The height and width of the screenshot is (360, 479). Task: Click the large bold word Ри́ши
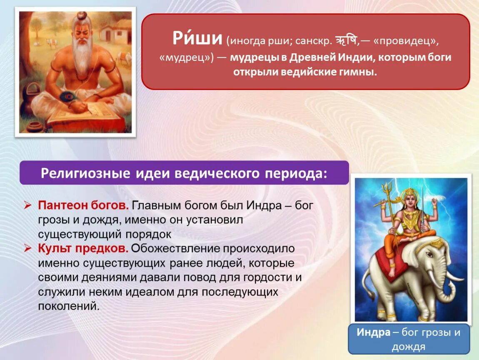click(x=197, y=38)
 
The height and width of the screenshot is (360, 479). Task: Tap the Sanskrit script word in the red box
click(x=346, y=41)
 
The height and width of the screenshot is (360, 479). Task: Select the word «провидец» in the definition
click(x=405, y=41)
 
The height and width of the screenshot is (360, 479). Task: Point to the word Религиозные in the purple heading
click(x=85, y=173)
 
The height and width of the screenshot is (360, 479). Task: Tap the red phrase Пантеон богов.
click(x=83, y=205)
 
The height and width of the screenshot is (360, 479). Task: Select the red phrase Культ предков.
click(x=83, y=248)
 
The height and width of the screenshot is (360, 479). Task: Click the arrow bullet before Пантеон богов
click(x=28, y=205)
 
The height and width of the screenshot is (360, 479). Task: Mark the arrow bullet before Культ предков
click(x=28, y=248)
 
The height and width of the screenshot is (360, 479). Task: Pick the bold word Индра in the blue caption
click(x=374, y=332)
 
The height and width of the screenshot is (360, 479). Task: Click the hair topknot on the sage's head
click(x=82, y=15)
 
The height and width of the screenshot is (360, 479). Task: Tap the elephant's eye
click(x=429, y=254)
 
